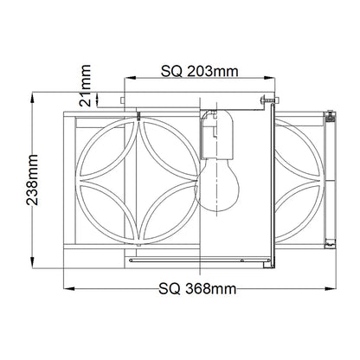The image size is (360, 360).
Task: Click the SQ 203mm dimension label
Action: (x=199, y=71)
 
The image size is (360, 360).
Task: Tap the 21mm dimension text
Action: (x=85, y=86)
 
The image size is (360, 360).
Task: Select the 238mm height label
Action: (x=32, y=180)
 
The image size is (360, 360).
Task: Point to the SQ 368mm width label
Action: (x=197, y=288)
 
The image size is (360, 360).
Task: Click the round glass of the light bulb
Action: (x=217, y=185)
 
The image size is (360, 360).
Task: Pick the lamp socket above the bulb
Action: (x=216, y=134)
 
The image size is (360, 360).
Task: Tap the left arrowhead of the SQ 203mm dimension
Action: (x=130, y=77)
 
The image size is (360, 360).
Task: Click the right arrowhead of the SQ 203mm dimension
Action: (x=269, y=77)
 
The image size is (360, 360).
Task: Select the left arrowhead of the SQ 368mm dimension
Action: (x=69, y=288)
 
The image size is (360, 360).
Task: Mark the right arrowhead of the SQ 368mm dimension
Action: (x=331, y=288)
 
